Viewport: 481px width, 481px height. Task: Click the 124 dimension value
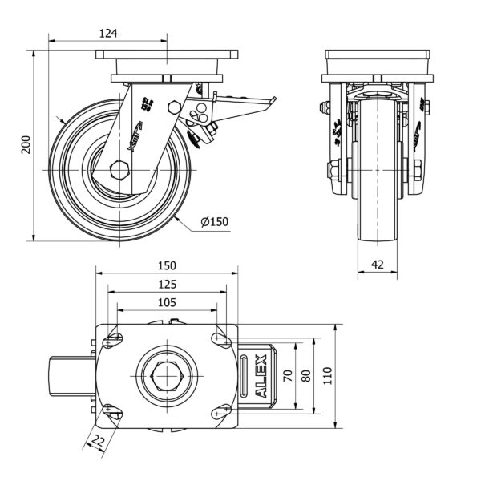click(109, 33)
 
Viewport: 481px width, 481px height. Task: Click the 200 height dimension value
click(26, 145)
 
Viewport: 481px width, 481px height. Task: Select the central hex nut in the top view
click(167, 374)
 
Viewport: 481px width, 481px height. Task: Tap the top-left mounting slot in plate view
click(113, 339)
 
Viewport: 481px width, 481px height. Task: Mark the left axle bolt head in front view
click(331, 169)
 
